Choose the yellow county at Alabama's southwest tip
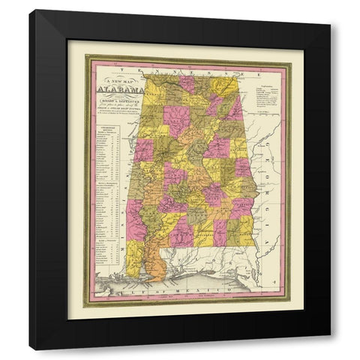coord(134,259)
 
